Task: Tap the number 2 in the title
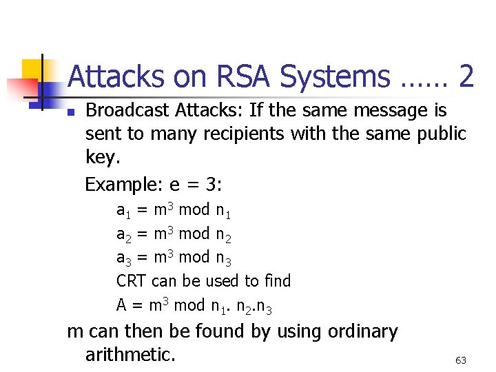(x=465, y=76)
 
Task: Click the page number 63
(x=461, y=360)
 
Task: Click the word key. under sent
(x=102, y=158)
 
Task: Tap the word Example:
(x=120, y=185)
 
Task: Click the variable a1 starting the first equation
(x=124, y=210)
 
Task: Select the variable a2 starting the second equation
(x=124, y=234)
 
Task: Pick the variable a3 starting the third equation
(x=124, y=258)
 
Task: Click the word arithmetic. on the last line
(x=130, y=355)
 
